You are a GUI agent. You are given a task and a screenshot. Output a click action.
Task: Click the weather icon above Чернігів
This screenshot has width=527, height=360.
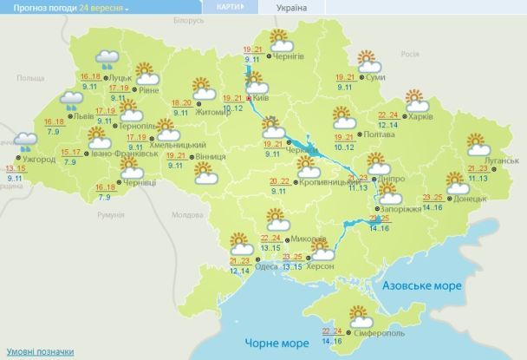(x=279, y=39)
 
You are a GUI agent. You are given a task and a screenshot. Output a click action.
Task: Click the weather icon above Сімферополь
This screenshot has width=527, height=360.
(x=356, y=316)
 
